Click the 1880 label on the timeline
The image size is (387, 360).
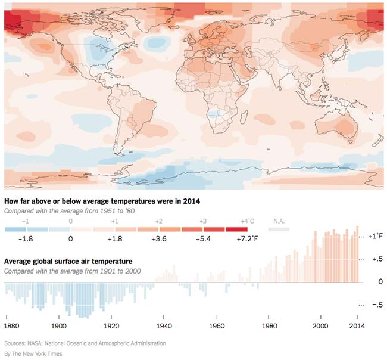(x=11, y=326)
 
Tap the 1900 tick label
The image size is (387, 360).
(x=58, y=326)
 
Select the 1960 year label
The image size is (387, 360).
(x=218, y=326)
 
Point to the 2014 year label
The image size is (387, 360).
(x=357, y=326)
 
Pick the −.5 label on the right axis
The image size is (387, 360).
(x=375, y=305)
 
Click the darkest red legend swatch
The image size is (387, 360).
(x=236, y=229)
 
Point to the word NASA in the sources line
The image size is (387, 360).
(x=35, y=343)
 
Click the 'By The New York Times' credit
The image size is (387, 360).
(x=33, y=354)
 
